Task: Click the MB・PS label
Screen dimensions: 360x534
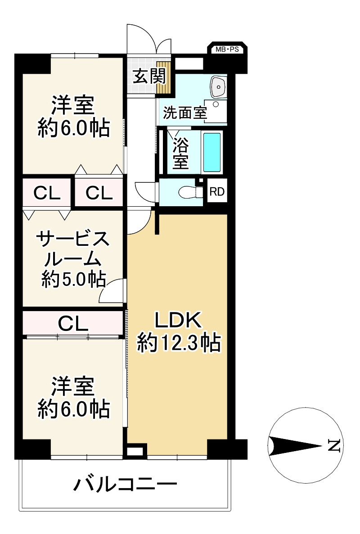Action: coord(227,50)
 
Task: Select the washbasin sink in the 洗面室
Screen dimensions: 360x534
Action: coord(218,86)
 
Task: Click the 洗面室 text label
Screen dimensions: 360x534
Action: coord(185,113)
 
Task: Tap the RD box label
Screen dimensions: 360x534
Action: coord(217,192)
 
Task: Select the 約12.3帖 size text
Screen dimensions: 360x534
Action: coord(179,343)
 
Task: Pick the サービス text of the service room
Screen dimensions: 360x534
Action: coord(73,240)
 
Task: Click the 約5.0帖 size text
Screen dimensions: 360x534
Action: coord(74,279)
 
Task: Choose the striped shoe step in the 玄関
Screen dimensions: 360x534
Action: coord(163,77)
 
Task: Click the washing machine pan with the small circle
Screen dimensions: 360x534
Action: coord(216,111)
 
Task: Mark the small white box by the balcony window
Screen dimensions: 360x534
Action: coord(135,451)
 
